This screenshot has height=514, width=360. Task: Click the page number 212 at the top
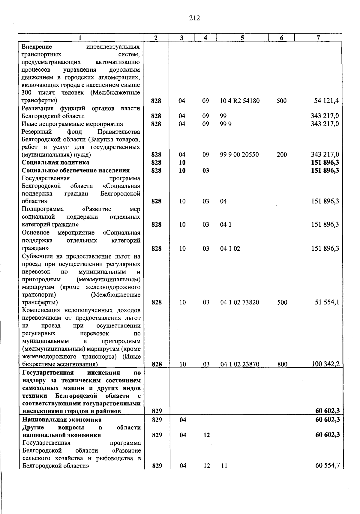[x=194, y=18]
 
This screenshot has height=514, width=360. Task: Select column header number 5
[x=242, y=37]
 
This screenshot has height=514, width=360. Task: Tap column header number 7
[x=318, y=37]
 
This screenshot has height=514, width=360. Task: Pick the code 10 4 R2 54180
[x=240, y=101]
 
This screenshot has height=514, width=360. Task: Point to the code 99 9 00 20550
[x=239, y=155]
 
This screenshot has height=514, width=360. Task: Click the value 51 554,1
[x=327, y=302]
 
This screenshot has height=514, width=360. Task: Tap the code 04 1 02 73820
[x=240, y=302]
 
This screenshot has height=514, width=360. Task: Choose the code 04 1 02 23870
[x=240, y=364]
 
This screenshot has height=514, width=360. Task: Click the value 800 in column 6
[x=282, y=364]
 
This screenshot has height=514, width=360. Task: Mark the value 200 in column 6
[x=282, y=155]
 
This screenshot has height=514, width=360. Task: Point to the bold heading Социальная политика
[x=55, y=163]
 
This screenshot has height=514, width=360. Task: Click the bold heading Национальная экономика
[x=62, y=420]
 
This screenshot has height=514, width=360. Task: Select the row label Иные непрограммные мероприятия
[x=72, y=124]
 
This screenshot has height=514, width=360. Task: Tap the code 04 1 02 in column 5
[x=230, y=249]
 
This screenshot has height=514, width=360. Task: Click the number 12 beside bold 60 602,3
[x=206, y=435]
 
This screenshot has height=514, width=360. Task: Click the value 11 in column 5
[x=224, y=466]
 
